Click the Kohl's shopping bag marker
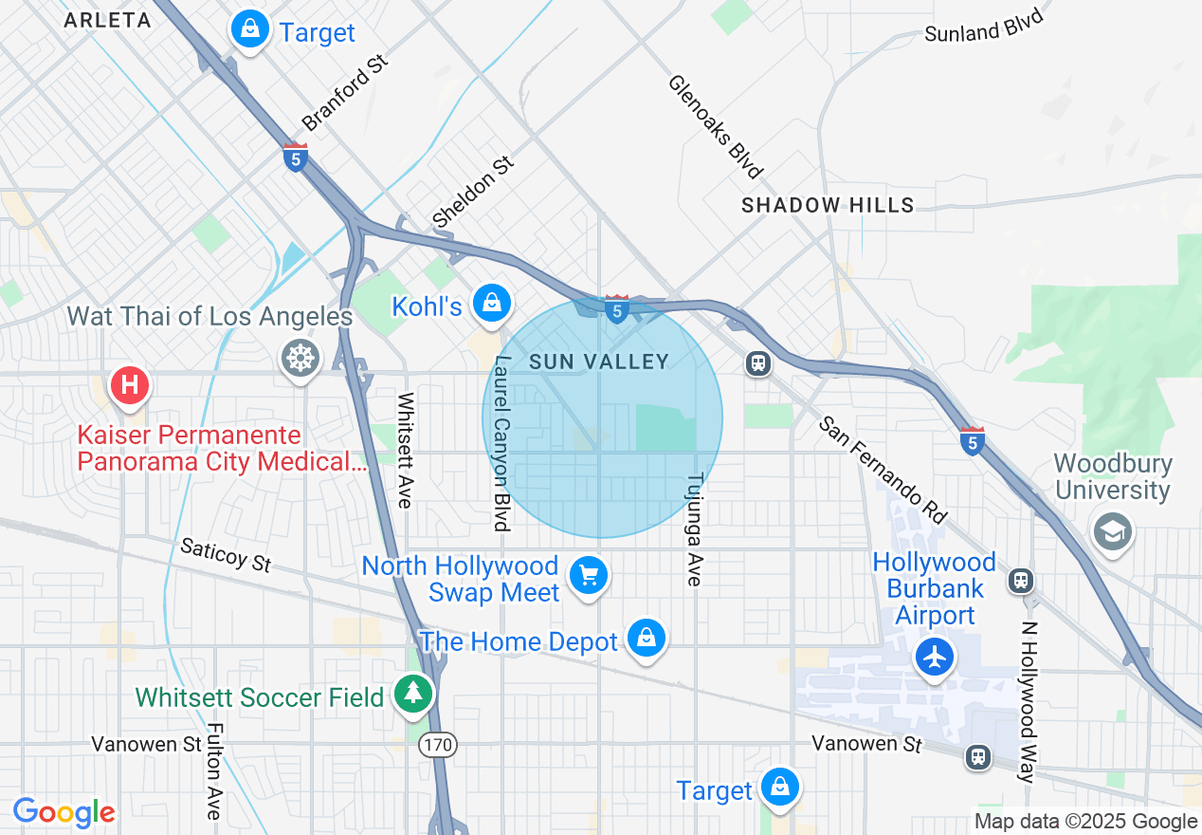pyautogui.click(x=491, y=304)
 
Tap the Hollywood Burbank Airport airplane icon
pyautogui.click(x=935, y=657)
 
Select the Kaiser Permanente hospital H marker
pyautogui.click(x=130, y=385)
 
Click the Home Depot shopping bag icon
pyautogui.click(x=647, y=639)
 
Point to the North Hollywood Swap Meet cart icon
pyautogui.click(x=588, y=575)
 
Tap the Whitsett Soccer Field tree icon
pyautogui.click(x=413, y=694)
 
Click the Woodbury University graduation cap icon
pyautogui.click(x=1113, y=530)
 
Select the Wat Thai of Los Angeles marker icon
pyautogui.click(x=300, y=359)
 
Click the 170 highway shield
pyautogui.click(x=438, y=745)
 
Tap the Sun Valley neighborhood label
pyautogui.click(x=599, y=362)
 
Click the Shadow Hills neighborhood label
pyautogui.click(x=828, y=205)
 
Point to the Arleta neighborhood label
pyautogui.click(x=107, y=20)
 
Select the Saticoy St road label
pyautogui.click(x=226, y=555)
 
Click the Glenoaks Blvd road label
pyautogui.click(x=715, y=126)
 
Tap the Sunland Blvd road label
pyautogui.click(x=983, y=26)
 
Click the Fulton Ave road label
pyautogui.click(x=213, y=770)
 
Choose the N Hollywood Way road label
pyautogui.click(x=1027, y=702)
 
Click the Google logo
pyautogui.click(x=64, y=812)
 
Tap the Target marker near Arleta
pyautogui.click(x=249, y=29)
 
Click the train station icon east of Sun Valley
pyautogui.click(x=757, y=363)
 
